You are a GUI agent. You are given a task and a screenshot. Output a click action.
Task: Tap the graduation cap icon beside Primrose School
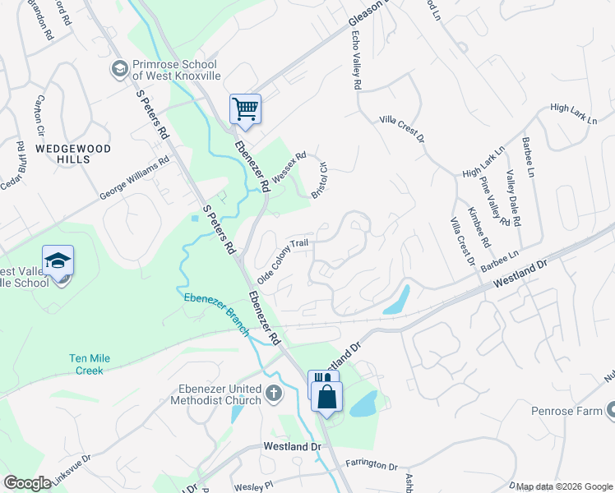[120, 69]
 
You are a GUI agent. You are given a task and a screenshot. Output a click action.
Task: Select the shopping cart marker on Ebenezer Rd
[245, 108]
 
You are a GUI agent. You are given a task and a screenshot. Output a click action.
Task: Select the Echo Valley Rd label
[357, 61]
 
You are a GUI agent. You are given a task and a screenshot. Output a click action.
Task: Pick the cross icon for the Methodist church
[275, 395]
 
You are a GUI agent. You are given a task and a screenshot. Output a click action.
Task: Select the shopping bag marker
[326, 396]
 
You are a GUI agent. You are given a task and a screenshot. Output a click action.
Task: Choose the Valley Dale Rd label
[514, 197]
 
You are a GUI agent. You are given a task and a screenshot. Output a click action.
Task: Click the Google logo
[26, 483]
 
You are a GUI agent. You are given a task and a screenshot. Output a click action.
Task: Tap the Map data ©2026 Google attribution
[565, 486]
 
